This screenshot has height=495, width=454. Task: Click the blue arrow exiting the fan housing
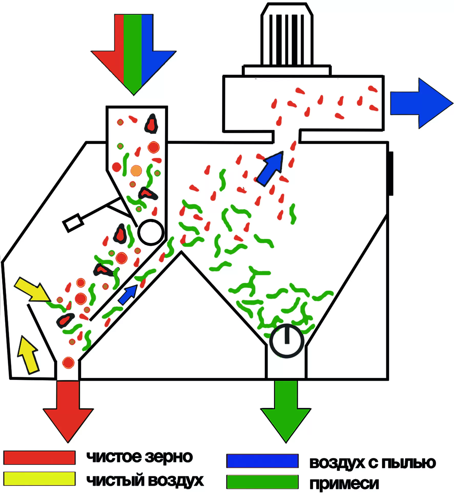pyautogui.click(x=421, y=103)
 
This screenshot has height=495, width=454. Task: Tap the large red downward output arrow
pyautogui.click(x=68, y=411)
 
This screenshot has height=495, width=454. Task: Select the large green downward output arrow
pyautogui.click(x=286, y=411)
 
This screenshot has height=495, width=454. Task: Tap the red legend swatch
pyautogui.click(x=39, y=458)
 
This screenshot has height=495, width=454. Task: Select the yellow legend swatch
pyautogui.click(x=39, y=479)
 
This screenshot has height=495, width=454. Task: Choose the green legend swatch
pyautogui.click(x=262, y=482)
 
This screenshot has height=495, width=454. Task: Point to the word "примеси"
pyautogui.click(x=344, y=484)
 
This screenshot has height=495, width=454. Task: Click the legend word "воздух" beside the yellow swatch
pyautogui.click(x=176, y=480)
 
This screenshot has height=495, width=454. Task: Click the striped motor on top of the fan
pyautogui.click(x=287, y=35)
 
